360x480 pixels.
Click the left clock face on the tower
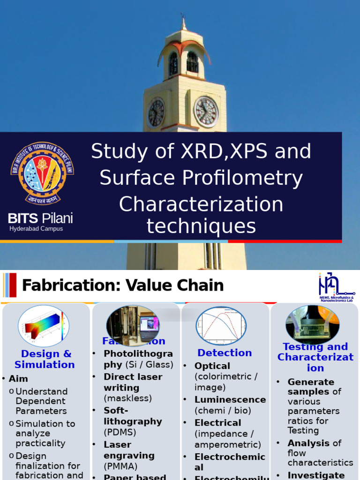156,113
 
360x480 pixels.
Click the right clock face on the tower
206,112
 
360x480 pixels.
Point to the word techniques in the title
201,226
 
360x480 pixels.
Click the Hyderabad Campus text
36,229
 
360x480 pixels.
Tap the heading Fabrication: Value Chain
123,285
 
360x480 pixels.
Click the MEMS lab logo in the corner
336,287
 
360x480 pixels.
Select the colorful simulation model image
44,326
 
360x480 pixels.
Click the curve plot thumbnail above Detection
221,325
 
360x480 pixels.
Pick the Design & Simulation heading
45,359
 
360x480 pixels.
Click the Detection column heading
225,353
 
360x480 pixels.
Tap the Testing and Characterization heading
315,357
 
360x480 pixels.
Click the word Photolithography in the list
138,359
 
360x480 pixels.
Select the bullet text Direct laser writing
133,382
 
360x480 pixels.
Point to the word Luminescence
230,400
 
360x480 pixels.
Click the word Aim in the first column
18,379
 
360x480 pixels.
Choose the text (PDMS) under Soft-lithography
120,432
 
